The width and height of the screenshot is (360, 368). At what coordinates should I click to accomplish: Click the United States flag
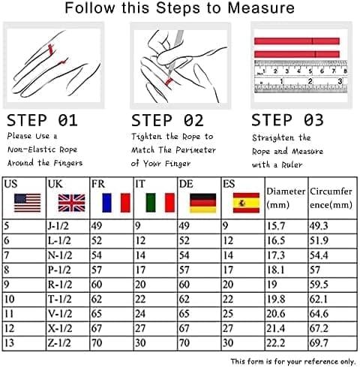click(28, 203)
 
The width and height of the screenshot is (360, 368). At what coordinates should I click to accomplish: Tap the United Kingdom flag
click(72, 203)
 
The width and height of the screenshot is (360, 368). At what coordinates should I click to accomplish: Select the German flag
click(203, 203)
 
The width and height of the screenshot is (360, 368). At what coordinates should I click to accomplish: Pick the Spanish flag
click(246, 203)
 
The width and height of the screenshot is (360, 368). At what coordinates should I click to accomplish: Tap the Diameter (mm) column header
click(286, 198)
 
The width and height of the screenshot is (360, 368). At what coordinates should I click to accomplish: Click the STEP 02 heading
click(167, 120)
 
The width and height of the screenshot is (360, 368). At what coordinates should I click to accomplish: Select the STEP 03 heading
click(287, 120)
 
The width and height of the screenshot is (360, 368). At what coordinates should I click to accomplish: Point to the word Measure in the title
click(261, 8)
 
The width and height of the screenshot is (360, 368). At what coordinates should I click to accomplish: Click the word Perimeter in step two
click(196, 150)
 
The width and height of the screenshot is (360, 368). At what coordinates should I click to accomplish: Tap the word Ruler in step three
click(292, 164)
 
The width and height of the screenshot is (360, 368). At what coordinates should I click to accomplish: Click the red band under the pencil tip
click(169, 82)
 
